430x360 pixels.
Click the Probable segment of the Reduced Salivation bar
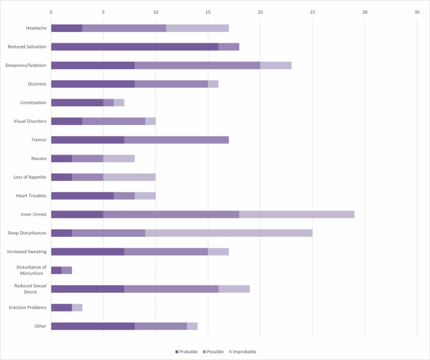tap(134, 46)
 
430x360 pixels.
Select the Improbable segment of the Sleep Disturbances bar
tap(228, 233)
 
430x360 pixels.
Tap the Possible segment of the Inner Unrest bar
tap(171, 214)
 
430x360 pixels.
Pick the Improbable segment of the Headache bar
tap(198, 28)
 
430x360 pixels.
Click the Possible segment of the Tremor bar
tap(176, 140)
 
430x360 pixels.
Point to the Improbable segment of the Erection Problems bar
tap(77, 308)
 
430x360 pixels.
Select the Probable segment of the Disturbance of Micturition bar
tap(56, 270)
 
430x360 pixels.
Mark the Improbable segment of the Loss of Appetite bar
tap(129, 177)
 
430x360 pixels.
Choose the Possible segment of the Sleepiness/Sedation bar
tap(198, 65)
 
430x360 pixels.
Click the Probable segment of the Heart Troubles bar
tap(82, 196)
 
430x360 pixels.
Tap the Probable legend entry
tap(186, 352)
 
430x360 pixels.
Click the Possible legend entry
tap(213, 352)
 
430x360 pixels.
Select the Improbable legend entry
tap(242, 352)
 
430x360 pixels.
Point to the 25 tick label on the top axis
tap(313, 12)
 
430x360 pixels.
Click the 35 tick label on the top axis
tap(417, 12)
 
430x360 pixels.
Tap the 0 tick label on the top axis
tap(51, 12)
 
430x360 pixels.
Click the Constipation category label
tap(33, 102)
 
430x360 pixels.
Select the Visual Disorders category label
tap(30, 121)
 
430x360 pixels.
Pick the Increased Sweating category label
tap(26, 251)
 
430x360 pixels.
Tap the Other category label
tap(40, 326)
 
